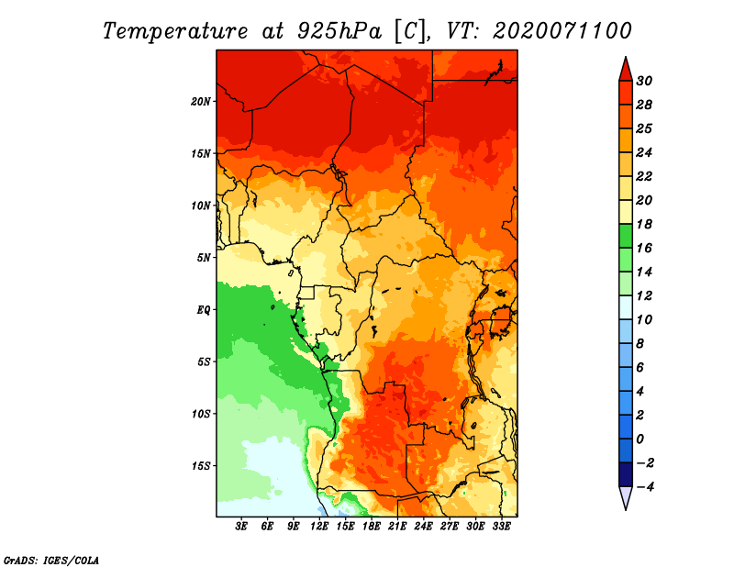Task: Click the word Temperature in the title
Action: point(175,31)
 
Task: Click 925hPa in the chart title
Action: point(339,31)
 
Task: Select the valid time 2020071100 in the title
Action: point(562,31)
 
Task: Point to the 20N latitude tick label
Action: point(201,102)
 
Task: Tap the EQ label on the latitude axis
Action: point(204,310)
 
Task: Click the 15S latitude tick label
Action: point(201,466)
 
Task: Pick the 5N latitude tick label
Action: point(204,258)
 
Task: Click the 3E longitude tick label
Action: point(241,527)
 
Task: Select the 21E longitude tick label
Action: point(397,527)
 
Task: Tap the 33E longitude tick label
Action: point(501,527)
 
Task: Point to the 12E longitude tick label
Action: point(318,527)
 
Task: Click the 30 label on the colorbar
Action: point(644,81)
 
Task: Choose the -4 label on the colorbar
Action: point(645,487)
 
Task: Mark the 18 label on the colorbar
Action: point(644,224)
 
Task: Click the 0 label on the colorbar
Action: point(639,439)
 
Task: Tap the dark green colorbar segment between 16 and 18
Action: point(626,236)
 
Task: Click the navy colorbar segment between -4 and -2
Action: point(626,474)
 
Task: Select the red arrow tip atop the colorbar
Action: point(626,58)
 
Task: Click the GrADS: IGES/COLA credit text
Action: point(51,560)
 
